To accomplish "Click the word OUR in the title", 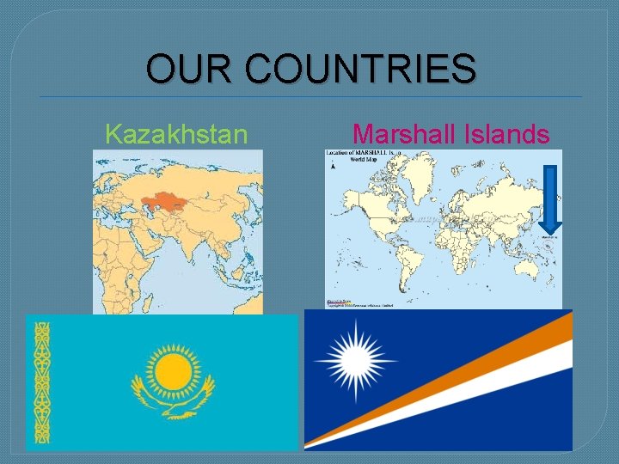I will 183,69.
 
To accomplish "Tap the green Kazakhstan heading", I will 176,134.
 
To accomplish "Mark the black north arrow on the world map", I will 332,167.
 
